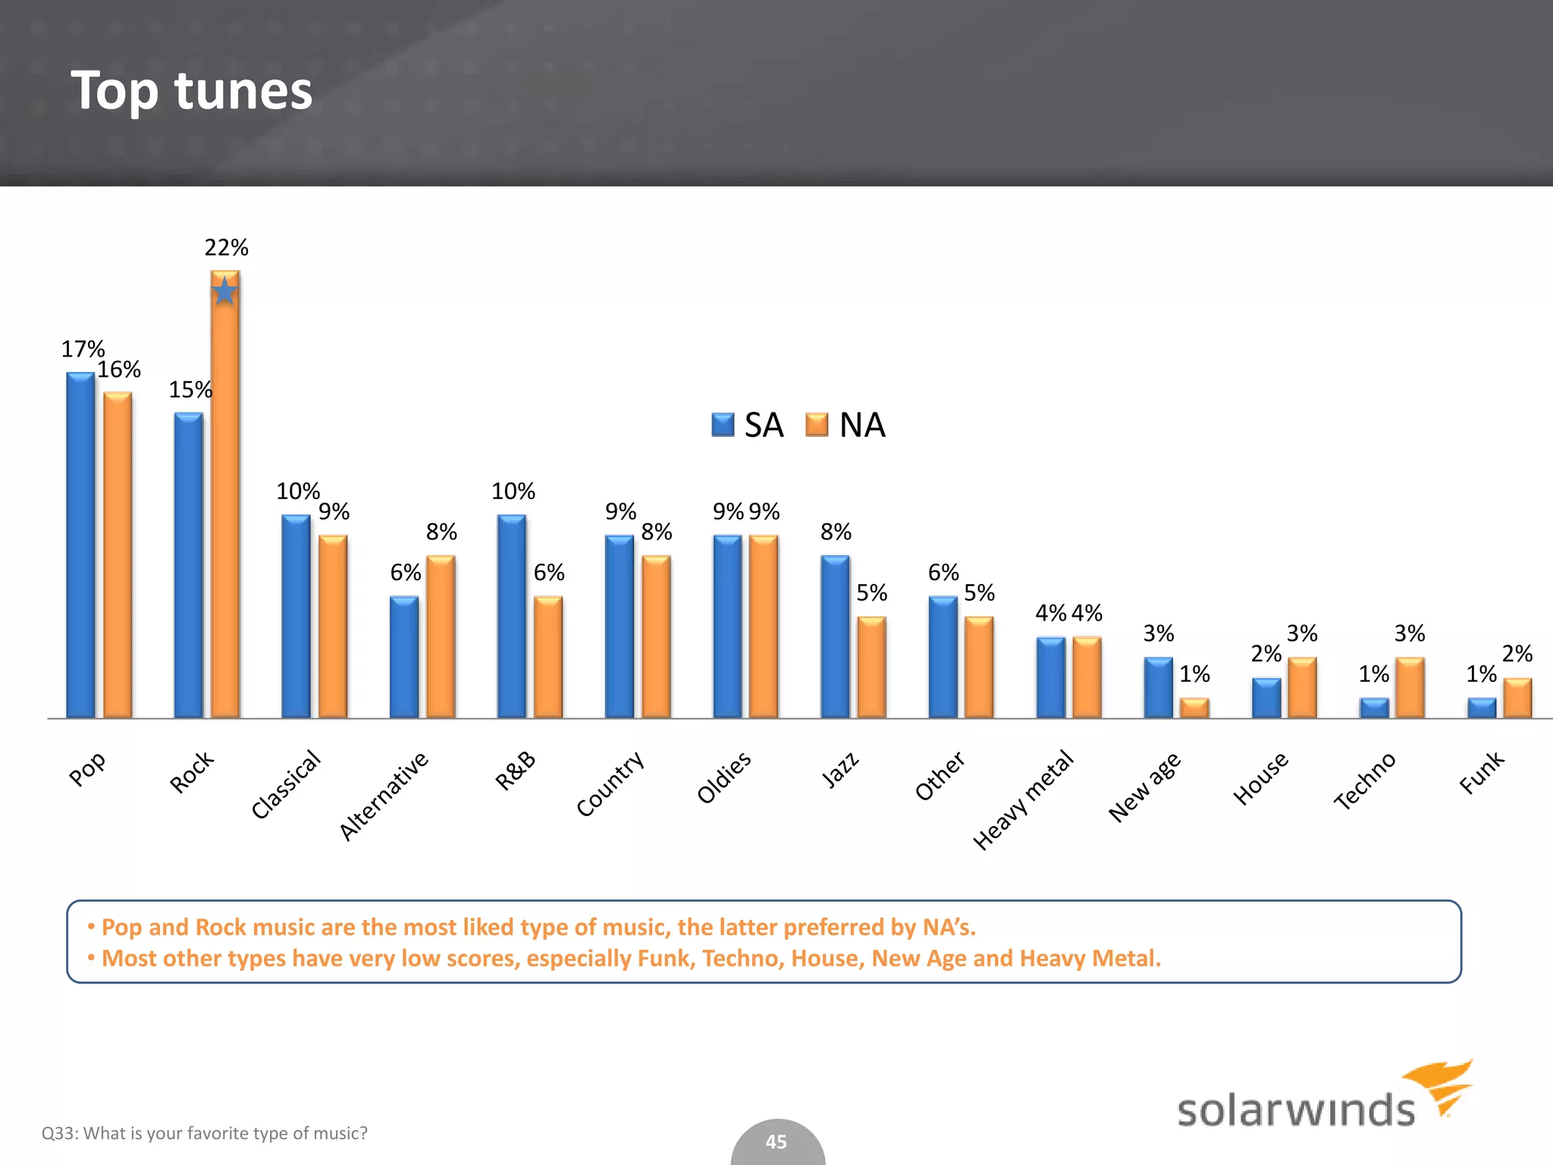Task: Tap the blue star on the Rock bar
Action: point(224,291)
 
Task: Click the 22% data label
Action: point(226,247)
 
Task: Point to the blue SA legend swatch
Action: point(723,425)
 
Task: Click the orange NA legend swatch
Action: point(817,425)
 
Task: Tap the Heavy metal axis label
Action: point(1023,799)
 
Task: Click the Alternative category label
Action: point(384,796)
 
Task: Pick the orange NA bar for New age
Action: point(1194,708)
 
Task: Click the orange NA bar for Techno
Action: point(1410,687)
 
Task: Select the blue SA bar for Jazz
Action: point(835,636)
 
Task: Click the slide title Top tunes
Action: point(191,90)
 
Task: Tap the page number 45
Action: point(776,1141)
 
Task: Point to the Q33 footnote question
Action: point(204,1133)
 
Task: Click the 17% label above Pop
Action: point(83,349)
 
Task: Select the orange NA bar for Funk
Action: point(1517,698)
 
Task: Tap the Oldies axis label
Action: point(724,777)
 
